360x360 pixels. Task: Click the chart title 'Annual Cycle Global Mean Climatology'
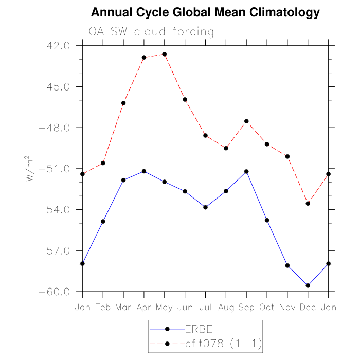(x=205, y=12)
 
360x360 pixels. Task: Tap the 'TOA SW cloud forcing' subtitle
(x=148, y=32)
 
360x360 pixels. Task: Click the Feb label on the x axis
(x=103, y=307)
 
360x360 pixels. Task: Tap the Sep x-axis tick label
(x=246, y=307)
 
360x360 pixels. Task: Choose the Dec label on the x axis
(x=308, y=307)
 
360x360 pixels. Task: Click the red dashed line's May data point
(x=165, y=54)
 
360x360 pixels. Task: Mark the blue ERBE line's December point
(x=308, y=285)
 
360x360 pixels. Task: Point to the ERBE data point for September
(x=246, y=171)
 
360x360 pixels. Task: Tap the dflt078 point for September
(x=246, y=121)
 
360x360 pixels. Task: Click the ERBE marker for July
(x=206, y=207)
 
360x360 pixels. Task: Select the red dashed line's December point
(x=308, y=204)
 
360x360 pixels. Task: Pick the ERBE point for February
(x=103, y=222)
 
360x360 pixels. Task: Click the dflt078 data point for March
(x=123, y=103)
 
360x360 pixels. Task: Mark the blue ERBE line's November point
(x=287, y=265)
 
